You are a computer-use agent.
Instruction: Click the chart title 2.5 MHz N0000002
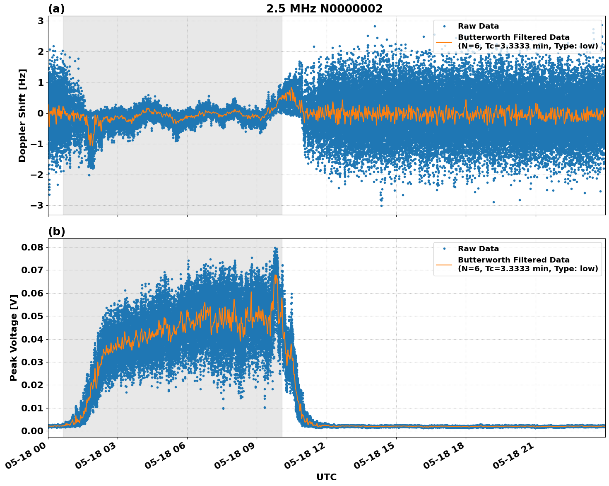pyautogui.click(x=324, y=9)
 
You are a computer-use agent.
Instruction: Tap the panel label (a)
pyautogui.click(x=56, y=9)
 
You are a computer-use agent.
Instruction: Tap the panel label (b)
pyautogui.click(x=56, y=231)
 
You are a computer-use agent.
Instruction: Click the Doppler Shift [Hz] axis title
pyautogui.click(x=22, y=115)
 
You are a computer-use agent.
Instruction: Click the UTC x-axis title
pyautogui.click(x=326, y=477)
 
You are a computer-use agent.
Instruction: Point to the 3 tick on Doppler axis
pyautogui.click(x=41, y=21)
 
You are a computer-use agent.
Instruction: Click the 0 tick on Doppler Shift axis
pyautogui.click(x=41, y=113)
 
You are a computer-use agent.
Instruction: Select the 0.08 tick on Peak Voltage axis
pyautogui.click(x=32, y=247)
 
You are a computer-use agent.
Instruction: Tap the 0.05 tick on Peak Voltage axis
pyautogui.click(x=32, y=316)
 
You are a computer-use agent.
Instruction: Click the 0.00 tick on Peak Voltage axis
pyautogui.click(x=32, y=431)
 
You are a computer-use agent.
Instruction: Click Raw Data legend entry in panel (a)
pyautogui.click(x=478, y=26)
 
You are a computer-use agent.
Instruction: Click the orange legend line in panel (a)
pyautogui.click(x=444, y=42)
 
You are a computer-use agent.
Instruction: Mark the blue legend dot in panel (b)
pyautogui.click(x=444, y=249)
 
